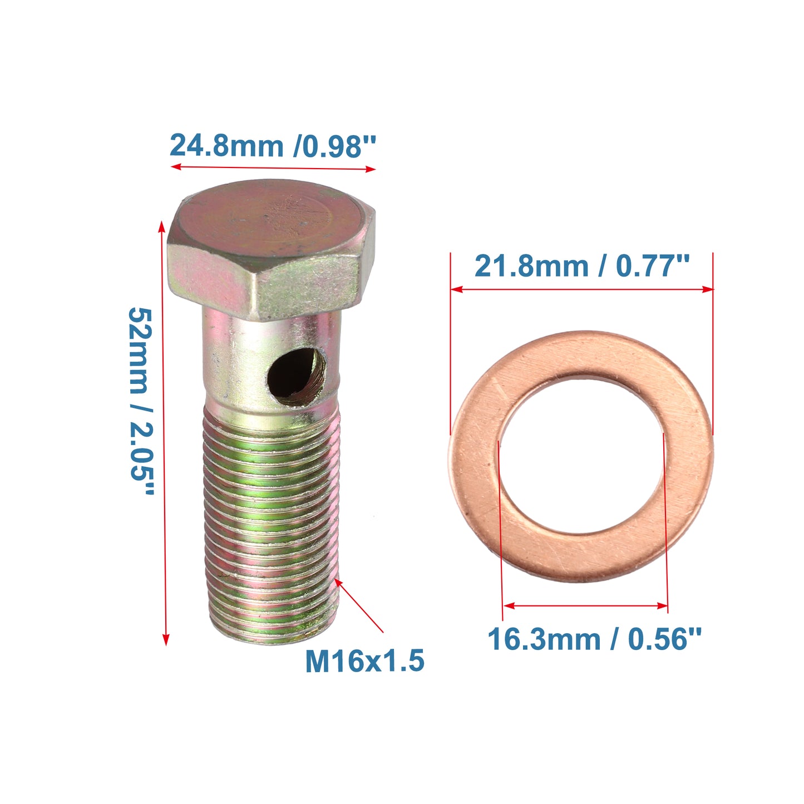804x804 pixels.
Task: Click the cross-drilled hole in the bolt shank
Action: pyautogui.click(x=297, y=377)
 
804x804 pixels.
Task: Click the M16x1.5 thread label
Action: pyautogui.click(x=364, y=660)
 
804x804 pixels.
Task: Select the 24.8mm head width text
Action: pyautogui.click(x=226, y=146)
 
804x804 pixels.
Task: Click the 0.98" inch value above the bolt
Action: pyautogui.click(x=335, y=146)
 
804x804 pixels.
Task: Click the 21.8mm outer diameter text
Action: pyautogui.click(x=531, y=266)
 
